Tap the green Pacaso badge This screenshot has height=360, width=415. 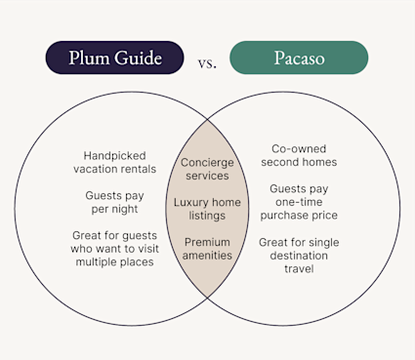299,58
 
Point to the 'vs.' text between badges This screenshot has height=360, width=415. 207,63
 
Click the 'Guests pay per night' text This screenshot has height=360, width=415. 115,203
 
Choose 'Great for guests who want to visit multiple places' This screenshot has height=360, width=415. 113,249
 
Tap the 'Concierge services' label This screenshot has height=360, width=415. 207,169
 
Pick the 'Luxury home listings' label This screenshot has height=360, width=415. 207,210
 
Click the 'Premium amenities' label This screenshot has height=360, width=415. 207,248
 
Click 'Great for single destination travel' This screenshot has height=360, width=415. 300,255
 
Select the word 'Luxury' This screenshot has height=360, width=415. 191,203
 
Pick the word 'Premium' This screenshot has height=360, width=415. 207,241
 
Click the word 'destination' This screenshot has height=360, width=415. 300,255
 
